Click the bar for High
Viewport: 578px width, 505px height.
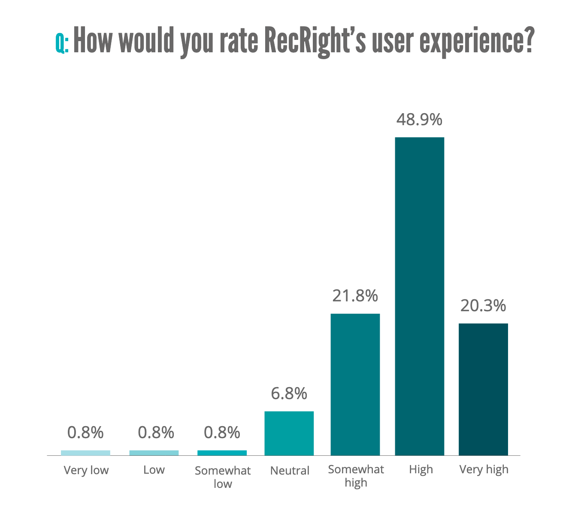tap(419, 296)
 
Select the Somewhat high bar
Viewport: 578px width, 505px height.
tap(355, 384)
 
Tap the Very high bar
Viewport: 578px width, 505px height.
tap(483, 389)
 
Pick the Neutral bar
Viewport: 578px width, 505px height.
tap(289, 433)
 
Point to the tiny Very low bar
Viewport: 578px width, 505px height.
tap(85, 453)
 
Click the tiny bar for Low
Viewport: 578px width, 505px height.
tap(154, 453)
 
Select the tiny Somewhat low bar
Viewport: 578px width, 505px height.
tap(222, 453)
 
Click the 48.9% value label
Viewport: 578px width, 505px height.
tap(419, 120)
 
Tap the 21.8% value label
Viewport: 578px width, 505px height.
tap(355, 296)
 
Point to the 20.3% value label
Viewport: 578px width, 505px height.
tap(483, 306)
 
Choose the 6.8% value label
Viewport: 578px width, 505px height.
tap(289, 394)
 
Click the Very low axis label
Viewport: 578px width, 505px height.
tap(86, 470)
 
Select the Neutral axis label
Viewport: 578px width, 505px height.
tap(290, 471)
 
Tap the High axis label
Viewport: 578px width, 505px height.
tap(421, 469)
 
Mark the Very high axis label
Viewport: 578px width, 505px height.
tap(484, 469)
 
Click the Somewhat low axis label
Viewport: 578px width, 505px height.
tap(223, 477)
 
